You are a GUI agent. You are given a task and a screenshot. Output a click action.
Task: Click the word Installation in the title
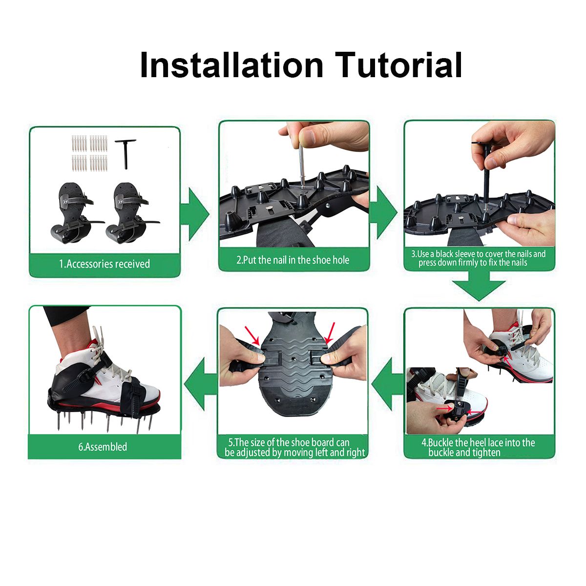coord(231,65)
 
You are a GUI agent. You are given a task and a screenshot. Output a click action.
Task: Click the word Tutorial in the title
coord(398,65)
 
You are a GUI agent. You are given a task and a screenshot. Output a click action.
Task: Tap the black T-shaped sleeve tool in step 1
coord(125,154)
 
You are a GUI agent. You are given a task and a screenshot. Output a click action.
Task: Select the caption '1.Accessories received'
coord(105,264)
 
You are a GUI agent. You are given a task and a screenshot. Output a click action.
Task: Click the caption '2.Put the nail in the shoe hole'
coord(293,260)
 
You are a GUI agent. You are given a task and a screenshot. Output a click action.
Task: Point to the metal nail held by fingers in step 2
coord(301,166)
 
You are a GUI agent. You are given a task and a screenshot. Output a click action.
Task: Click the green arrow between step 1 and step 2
coord(195,214)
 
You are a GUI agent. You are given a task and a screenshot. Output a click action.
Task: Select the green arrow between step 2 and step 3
coord(383,212)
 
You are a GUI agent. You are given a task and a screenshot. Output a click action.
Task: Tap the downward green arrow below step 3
coord(479,285)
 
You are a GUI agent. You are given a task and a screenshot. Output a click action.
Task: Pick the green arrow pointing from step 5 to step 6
coord(201,384)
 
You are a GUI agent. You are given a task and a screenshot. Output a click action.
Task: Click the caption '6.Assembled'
coord(103,447)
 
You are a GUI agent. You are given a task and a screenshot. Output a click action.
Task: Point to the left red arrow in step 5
coord(252,335)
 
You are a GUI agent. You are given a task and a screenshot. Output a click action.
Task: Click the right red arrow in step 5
coord(330,334)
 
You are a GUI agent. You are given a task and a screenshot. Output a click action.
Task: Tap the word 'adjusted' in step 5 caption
coord(253,453)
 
